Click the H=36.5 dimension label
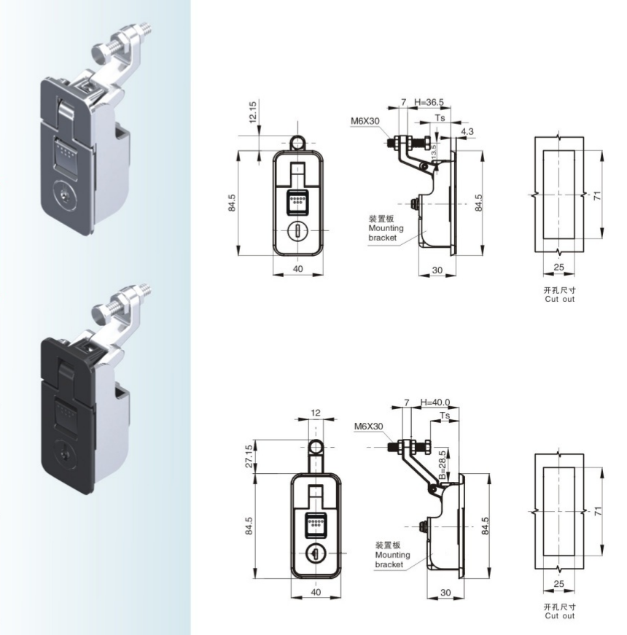[x=429, y=102]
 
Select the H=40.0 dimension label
[x=435, y=402]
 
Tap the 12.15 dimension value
[x=252, y=112]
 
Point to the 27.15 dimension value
[x=249, y=456]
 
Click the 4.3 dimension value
[x=467, y=131]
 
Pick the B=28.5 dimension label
[x=443, y=465]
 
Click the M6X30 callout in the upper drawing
[x=365, y=121]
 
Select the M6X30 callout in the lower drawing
[x=368, y=426]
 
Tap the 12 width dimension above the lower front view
[x=316, y=413]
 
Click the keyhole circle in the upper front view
[x=297, y=231]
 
